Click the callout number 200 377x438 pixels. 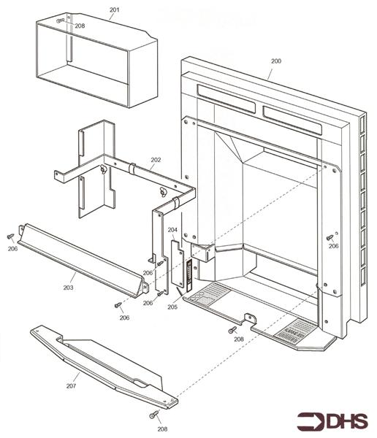pos(275,61)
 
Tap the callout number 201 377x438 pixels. pos(114,9)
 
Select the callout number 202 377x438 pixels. pos(156,160)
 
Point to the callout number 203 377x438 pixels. pos(68,288)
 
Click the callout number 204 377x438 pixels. pos(172,230)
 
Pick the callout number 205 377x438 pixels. pos(172,307)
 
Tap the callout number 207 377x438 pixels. pos(71,385)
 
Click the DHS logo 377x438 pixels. pos(332,421)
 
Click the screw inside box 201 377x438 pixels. pos(61,20)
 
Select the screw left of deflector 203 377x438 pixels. pos(11,237)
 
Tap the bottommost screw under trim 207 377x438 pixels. pos(154,415)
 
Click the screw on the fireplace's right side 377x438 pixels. pos(330,237)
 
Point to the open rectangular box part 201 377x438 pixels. pos(96,60)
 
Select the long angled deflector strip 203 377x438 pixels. pos(83,260)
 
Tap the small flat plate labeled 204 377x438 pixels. pos(178,264)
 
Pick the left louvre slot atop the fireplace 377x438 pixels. pos(226,99)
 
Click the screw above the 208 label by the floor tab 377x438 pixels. pos(232,330)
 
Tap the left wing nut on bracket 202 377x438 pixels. pos(104,169)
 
